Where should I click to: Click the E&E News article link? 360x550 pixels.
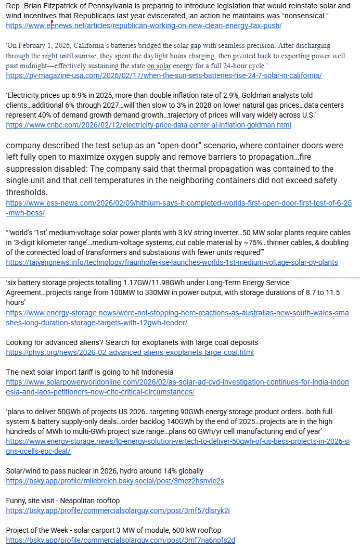point(144,25)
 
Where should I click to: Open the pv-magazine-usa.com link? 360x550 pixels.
point(163,75)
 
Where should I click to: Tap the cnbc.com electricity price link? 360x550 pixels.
point(148,125)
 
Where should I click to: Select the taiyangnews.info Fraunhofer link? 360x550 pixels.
point(172,262)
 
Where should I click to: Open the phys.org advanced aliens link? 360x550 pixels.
point(130,352)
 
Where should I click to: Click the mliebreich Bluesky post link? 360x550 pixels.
point(114,481)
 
